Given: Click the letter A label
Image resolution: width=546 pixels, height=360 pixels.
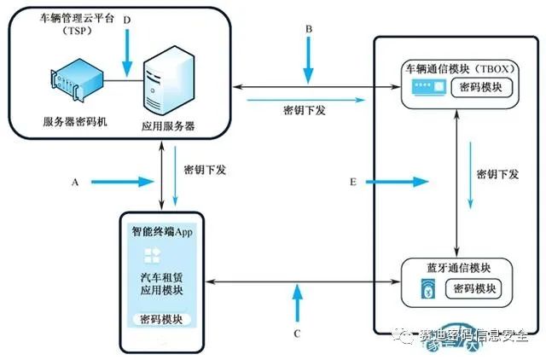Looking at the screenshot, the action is (75, 182).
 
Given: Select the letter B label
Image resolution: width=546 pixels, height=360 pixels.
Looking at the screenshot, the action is (309, 29).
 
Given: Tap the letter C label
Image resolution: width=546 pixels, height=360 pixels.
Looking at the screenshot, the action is (297, 334).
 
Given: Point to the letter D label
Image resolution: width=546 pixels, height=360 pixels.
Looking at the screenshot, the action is (127, 20).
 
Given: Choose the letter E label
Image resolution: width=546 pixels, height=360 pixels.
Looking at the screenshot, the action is (353, 182).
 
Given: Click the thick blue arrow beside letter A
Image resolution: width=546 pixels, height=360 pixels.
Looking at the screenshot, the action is (123, 182).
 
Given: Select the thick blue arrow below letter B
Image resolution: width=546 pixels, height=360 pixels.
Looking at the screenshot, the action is (309, 61).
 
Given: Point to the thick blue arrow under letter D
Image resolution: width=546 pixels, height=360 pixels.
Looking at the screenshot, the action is (127, 53).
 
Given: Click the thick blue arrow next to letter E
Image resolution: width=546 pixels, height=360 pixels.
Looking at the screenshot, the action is (397, 182).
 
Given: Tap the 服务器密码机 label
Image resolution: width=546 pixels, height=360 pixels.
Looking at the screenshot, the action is (75, 121).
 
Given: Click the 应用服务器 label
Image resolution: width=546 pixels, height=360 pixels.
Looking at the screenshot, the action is (168, 126).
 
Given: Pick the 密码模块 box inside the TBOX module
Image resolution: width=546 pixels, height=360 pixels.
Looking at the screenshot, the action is (481, 87).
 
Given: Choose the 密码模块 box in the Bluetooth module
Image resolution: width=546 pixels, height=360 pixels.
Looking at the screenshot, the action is (473, 288).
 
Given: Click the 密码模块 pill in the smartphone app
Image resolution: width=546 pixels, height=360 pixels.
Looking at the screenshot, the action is (161, 319).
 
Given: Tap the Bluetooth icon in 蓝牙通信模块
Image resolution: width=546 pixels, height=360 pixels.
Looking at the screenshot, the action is (428, 288).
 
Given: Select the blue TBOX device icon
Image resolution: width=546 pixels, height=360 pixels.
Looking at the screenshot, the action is (428, 87).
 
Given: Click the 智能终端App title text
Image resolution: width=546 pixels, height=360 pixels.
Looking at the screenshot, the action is (162, 231).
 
